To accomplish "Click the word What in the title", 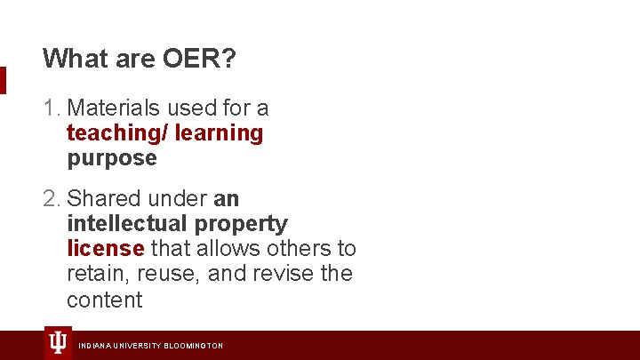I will [x=69, y=59].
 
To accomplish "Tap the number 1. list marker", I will [x=52, y=108].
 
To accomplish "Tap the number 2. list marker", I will [x=52, y=197].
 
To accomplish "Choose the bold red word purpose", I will [x=111, y=159].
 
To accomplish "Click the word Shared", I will [x=103, y=197].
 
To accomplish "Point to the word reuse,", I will [x=167, y=274].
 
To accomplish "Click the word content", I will [x=104, y=300].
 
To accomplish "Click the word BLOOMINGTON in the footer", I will [x=193, y=346].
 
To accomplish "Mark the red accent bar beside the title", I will [x=3, y=80].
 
